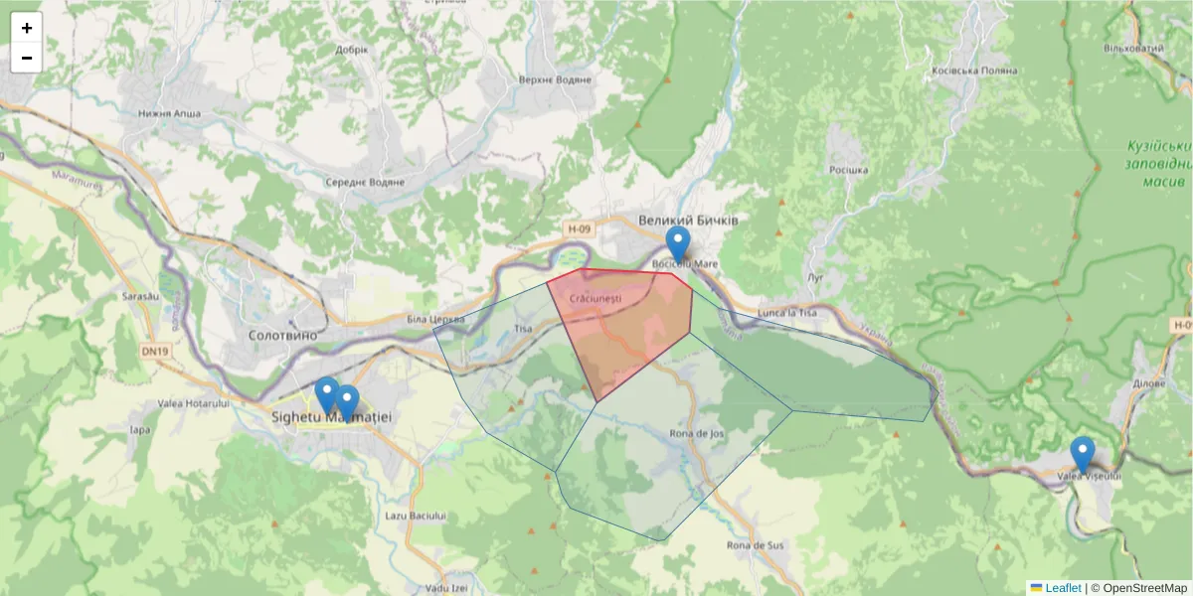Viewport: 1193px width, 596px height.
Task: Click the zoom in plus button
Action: click(x=27, y=28)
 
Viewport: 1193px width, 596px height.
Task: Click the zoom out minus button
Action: click(x=27, y=58)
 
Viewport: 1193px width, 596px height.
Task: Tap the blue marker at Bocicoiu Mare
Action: click(x=677, y=244)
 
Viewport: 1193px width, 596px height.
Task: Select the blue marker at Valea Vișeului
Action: click(x=1083, y=455)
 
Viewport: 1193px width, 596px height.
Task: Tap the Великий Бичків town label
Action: click(x=687, y=220)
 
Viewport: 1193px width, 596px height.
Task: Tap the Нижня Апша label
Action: click(x=170, y=113)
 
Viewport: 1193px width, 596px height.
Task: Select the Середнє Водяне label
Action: click(x=365, y=183)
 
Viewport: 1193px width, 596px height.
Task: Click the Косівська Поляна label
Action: click(x=975, y=72)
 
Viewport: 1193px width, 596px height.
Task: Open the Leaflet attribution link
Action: click(x=1062, y=587)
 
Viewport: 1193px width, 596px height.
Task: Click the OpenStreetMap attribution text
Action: click(x=1144, y=587)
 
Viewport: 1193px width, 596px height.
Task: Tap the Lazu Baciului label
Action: click(x=416, y=517)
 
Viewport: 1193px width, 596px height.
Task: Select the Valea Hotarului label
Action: click(x=194, y=403)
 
